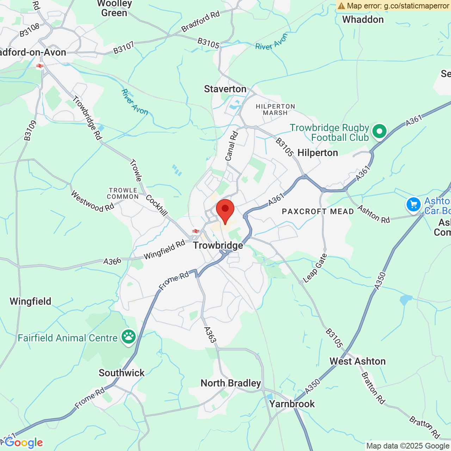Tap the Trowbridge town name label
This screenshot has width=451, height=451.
(218, 245)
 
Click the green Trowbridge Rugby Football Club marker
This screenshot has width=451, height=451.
(379, 131)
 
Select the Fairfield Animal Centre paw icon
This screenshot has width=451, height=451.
(129, 337)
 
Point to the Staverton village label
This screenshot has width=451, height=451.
(225, 89)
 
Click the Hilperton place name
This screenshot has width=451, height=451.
(317, 153)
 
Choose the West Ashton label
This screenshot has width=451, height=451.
(357, 362)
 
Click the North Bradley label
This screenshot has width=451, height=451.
(231, 383)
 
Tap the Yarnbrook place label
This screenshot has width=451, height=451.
(292, 404)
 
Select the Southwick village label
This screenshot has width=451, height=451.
(122, 373)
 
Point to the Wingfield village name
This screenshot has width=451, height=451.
(30, 302)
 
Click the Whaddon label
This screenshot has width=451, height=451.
(363, 20)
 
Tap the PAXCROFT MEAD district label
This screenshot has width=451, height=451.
(318, 212)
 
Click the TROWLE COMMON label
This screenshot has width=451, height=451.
(123, 193)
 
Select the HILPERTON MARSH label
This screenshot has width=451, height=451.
(275, 110)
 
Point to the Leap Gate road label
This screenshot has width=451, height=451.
(315, 268)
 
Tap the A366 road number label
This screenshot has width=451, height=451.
(112, 261)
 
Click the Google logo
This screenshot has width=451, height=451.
(24, 443)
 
